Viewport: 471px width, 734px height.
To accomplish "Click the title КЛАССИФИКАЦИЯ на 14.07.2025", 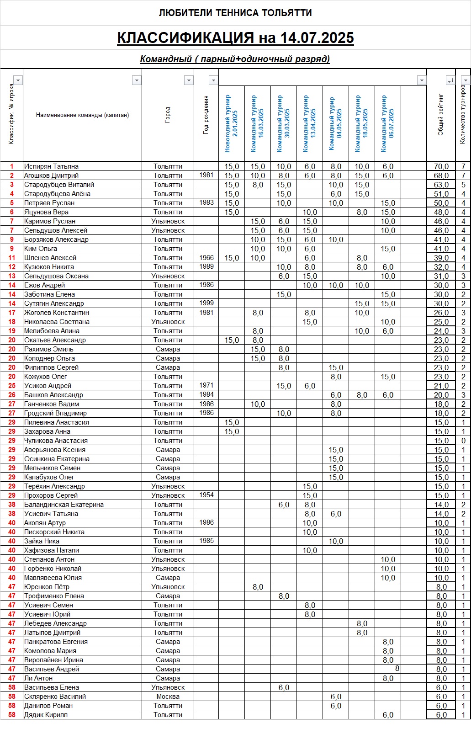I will (x=235, y=38).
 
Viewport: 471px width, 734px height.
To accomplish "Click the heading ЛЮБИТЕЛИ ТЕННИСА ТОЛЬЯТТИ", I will (x=235, y=13).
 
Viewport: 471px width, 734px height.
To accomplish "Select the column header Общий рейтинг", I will (x=441, y=115).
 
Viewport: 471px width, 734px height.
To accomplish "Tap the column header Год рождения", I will (x=206, y=115).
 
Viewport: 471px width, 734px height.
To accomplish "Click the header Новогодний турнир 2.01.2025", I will (x=232, y=123).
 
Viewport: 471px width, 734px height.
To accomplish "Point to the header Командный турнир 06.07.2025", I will (x=387, y=123).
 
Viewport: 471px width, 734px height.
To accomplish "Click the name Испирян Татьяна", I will (x=51, y=166).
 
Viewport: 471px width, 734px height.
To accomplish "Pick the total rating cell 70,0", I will (x=441, y=166).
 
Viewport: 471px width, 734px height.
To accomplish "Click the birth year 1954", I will (x=206, y=495).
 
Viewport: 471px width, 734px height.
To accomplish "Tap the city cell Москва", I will (x=168, y=697).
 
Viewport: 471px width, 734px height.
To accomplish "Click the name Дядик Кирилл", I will (x=46, y=715).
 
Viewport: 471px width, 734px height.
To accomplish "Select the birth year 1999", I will (x=206, y=303).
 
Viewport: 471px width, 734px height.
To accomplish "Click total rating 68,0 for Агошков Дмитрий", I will (x=441, y=176).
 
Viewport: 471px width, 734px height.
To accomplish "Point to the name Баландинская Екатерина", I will (x=64, y=505).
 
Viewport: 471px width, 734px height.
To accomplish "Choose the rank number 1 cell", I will (x=12, y=166).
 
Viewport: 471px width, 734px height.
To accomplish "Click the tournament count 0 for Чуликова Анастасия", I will (x=463, y=441).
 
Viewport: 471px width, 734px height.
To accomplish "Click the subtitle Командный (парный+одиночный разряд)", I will (x=235, y=59).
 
